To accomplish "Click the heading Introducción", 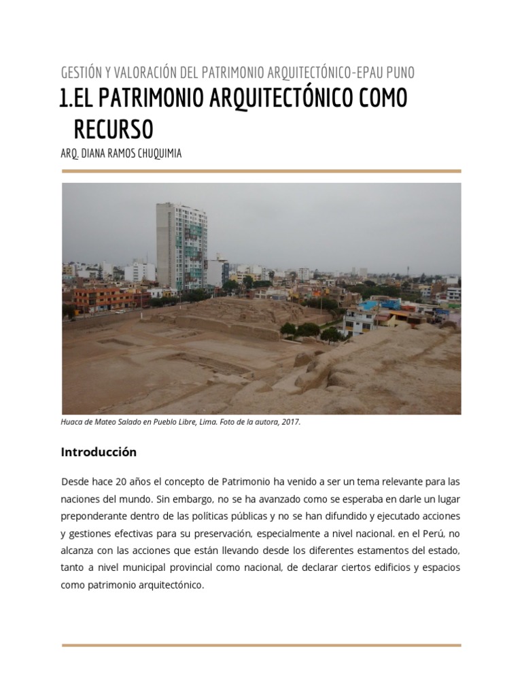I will coord(99,452).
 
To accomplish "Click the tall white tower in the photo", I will coord(181,245).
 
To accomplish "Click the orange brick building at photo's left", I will coord(102,298).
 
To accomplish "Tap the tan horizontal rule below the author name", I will coord(261,171).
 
